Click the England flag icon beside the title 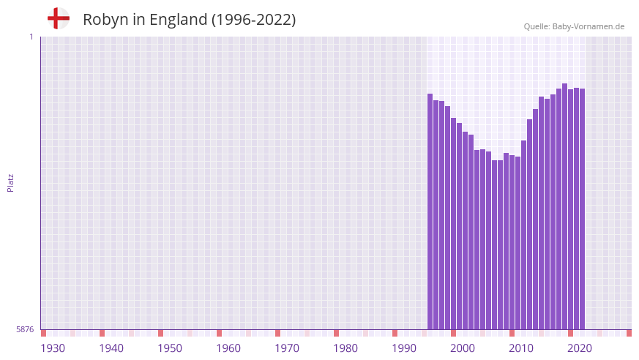[x=58, y=18]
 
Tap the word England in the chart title [x=179, y=20]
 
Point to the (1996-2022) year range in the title [x=253, y=20]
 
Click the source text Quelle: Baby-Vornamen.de [x=574, y=26]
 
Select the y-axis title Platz [x=10, y=183]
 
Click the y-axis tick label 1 [x=31, y=37]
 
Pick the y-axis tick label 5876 [x=25, y=330]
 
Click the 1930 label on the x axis [x=53, y=348]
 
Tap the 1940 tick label [x=111, y=348]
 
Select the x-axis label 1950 [x=170, y=348]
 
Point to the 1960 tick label [x=228, y=348]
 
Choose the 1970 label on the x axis [x=287, y=348]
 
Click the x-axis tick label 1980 [x=345, y=348]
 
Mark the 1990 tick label [x=404, y=348]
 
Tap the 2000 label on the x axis [x=463, y=348]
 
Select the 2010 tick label [x=521, y=348]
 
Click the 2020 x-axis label [x=580, y=348]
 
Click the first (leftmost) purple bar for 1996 [x=430, y=212]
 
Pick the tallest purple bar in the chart [x=564, y=206]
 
